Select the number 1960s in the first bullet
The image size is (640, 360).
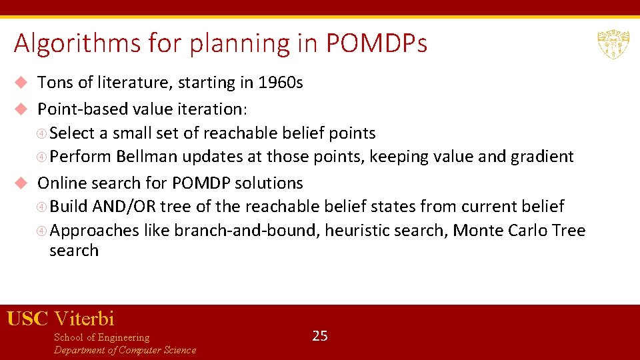[281, 83]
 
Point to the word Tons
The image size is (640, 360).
[55, 83]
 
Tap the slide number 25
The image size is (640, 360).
[320, 336]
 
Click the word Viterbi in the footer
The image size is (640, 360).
[84, 319]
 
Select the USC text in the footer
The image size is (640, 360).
[27, 319]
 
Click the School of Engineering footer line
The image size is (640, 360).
[101, 337]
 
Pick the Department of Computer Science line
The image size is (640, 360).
[125, 350]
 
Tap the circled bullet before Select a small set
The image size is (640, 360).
[43, 133]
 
